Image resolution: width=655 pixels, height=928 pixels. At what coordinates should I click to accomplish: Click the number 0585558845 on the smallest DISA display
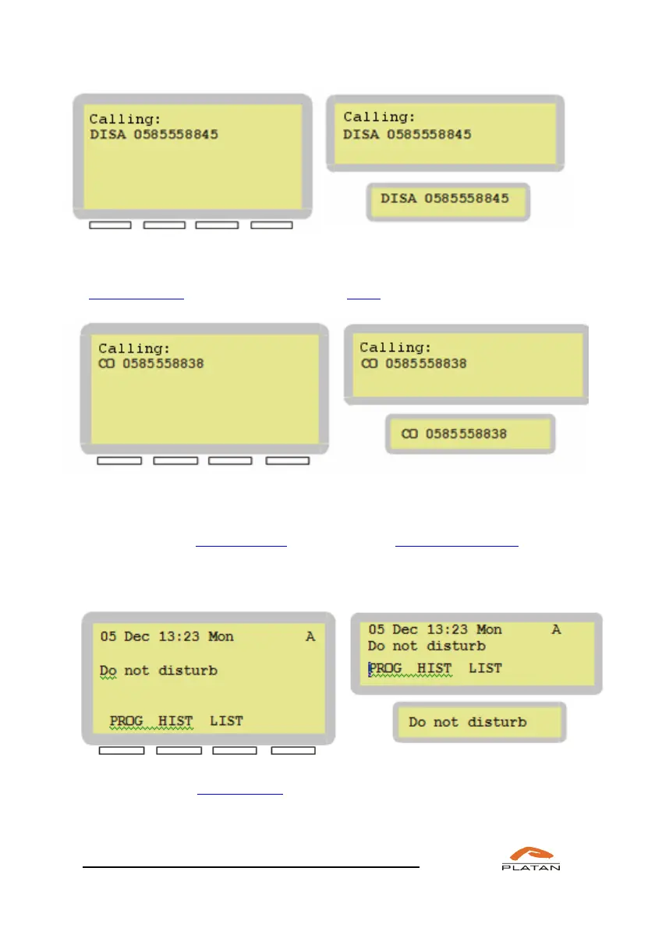click(466, 198)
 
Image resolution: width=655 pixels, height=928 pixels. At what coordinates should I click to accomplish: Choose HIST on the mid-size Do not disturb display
click(434, 668)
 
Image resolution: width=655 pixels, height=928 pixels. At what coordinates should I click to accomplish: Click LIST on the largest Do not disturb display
click(226, 721)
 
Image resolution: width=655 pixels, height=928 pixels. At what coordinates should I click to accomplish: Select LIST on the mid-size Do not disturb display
click(485, 668)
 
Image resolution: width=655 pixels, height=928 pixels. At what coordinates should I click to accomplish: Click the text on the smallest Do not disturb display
click(468, 722)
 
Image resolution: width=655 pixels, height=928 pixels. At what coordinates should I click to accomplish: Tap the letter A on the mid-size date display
click(556, 629)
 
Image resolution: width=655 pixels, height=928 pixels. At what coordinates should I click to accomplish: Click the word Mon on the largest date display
click(221, 636)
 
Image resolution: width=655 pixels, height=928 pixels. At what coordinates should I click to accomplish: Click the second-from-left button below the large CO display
click(175, 462)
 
